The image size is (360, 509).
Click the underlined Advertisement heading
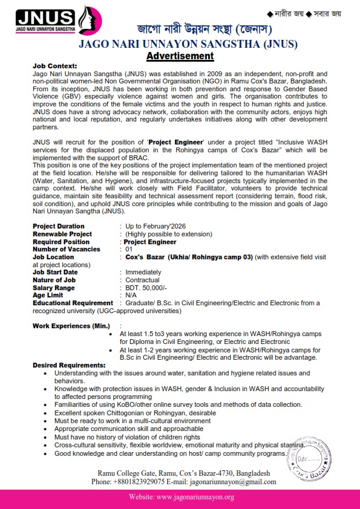180,56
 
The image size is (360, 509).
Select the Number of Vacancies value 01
128,249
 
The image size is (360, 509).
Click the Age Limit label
48,295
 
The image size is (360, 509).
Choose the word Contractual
143,280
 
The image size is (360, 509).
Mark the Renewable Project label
62,233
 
